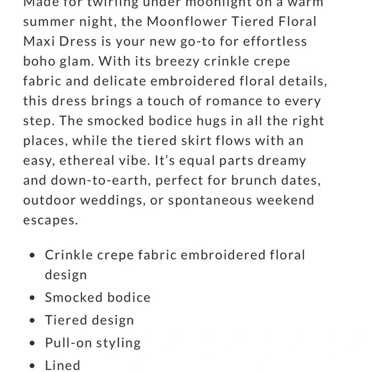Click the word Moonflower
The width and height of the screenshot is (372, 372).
point(187,21)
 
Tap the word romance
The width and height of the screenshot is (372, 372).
point(212,101)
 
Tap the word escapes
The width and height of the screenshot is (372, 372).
point(50,220)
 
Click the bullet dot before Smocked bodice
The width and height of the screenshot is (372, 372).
point(32,298)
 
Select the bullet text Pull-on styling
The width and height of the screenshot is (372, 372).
point(92,342)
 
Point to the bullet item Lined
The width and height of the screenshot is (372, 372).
point(62,365)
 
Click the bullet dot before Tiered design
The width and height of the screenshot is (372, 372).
point(32,320)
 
